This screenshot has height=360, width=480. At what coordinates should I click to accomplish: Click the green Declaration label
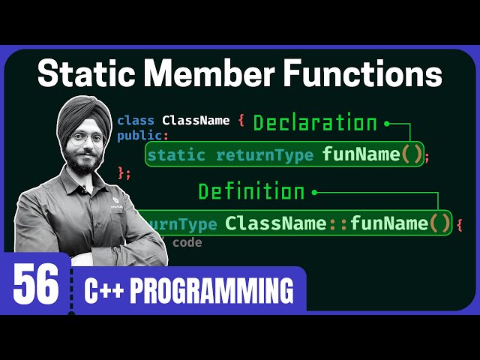click(315, 123)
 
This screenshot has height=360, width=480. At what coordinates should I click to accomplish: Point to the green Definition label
click(251, 192)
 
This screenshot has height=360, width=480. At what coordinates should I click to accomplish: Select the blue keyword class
click(136, 120)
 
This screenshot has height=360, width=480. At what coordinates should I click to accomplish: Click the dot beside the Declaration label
click(387, 123)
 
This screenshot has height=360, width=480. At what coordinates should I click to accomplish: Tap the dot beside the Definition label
click(314, 192)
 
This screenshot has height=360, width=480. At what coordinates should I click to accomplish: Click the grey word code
click(187, 242)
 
